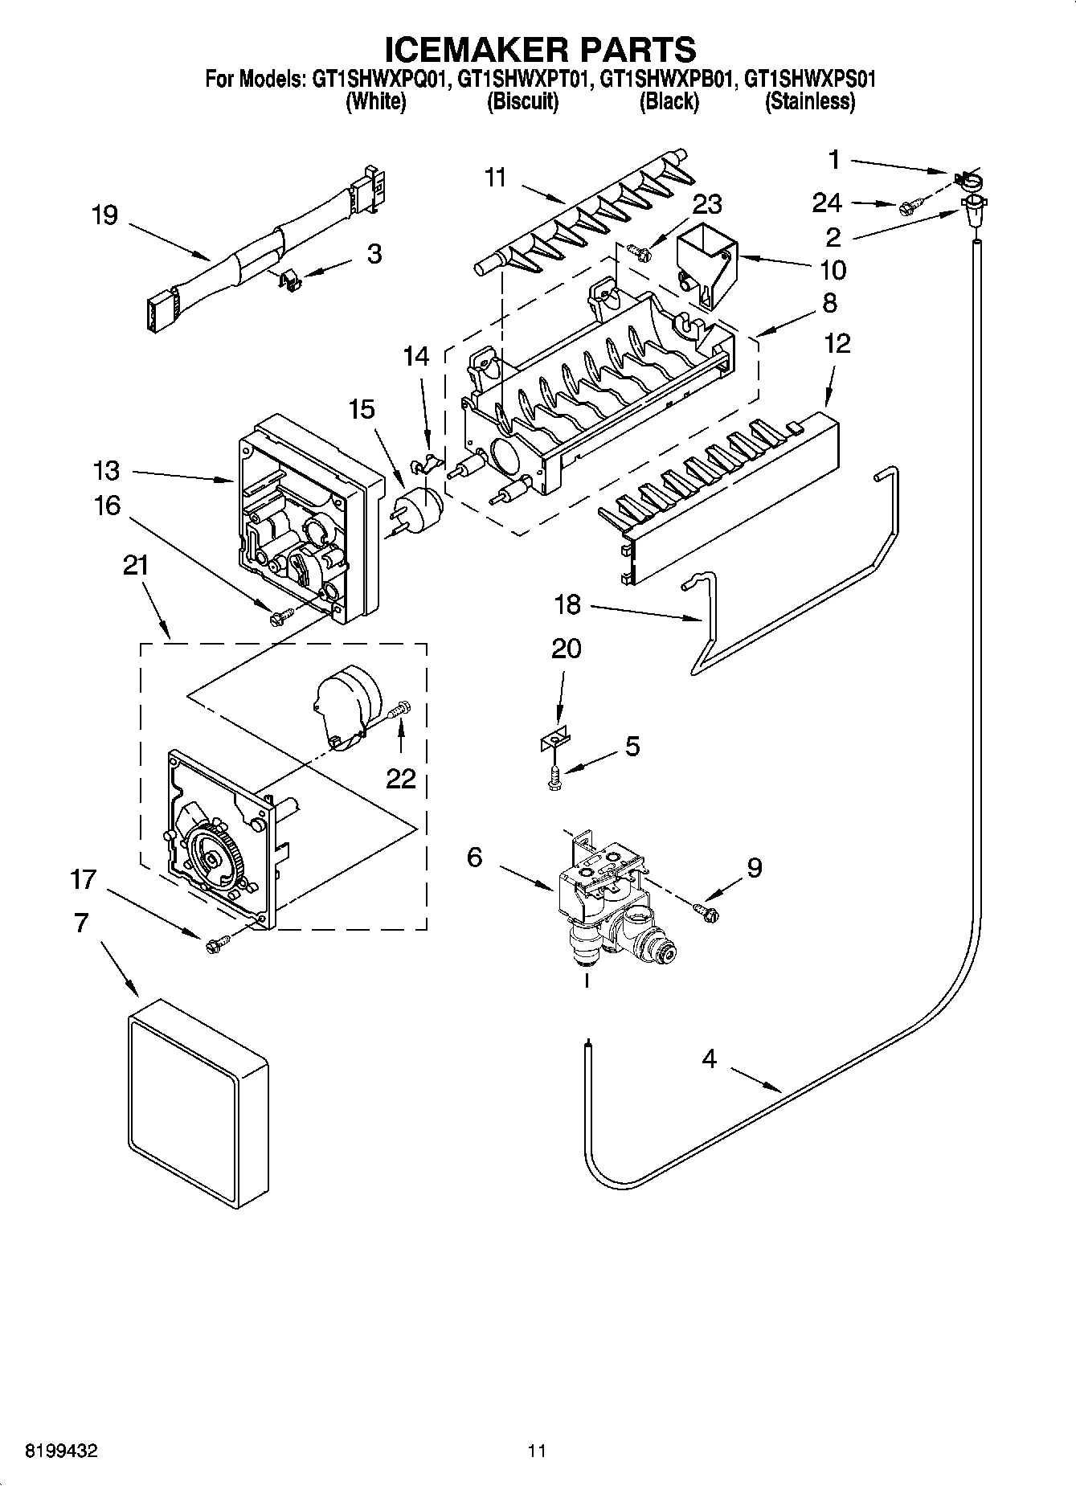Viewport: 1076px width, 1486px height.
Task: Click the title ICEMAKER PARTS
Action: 540,50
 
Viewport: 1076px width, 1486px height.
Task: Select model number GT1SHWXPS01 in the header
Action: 809,80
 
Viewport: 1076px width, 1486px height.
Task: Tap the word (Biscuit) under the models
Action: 522,102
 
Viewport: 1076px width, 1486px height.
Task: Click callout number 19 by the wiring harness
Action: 104,215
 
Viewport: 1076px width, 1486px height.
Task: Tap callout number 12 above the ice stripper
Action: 837,344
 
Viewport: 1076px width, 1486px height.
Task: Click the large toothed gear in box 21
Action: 212,859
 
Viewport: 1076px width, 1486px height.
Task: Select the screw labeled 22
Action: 399,710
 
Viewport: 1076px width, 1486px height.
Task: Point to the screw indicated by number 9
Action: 706,910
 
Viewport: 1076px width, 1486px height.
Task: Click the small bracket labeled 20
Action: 554,739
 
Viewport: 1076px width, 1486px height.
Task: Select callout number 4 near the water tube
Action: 708,1059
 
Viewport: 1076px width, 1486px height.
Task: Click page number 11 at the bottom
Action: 537,1451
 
